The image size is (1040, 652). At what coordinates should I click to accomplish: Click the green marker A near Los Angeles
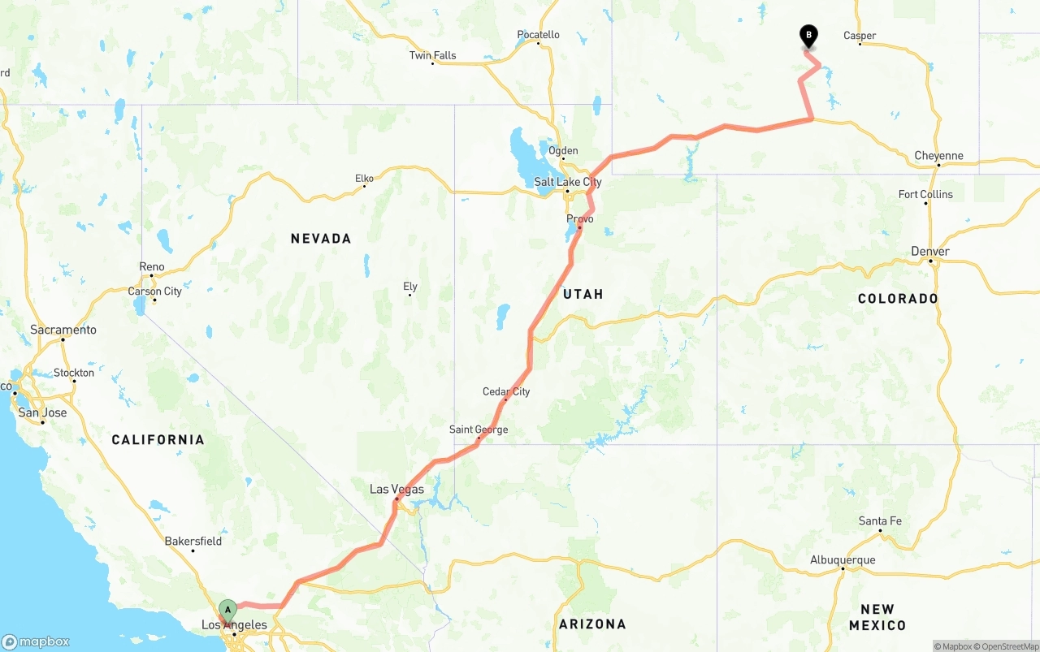[228, 609]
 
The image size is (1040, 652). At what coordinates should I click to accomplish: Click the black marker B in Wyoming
[808, 35]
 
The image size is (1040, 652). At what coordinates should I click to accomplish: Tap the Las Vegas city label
[396, 489]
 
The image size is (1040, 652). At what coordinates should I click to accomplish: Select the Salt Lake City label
[568, 182]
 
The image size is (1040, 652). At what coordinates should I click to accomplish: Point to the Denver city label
[930, 251]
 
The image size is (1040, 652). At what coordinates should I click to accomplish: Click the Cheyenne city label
[938, 155]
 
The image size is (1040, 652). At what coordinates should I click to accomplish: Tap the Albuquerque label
[843, 559]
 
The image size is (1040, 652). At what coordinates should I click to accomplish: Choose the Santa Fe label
[880, 520]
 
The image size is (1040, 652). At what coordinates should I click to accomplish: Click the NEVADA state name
[321, 238]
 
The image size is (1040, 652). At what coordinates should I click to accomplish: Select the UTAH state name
[583, 294]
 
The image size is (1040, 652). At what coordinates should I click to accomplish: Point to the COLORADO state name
[898, 299]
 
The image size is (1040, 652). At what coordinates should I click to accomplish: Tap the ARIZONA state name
[592, 624]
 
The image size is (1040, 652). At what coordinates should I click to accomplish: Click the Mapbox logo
[36, 641]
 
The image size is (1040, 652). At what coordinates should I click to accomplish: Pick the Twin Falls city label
[432, 55]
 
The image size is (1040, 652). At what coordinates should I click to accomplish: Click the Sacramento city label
[63, 330]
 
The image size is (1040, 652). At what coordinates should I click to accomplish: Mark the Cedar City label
[506, 391]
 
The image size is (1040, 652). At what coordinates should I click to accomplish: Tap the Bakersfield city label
[193, 541]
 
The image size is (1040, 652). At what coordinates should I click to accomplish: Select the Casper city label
[860, 35]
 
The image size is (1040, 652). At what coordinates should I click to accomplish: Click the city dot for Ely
[410, 295]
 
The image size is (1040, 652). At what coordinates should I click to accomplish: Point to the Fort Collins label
[925, 194]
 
